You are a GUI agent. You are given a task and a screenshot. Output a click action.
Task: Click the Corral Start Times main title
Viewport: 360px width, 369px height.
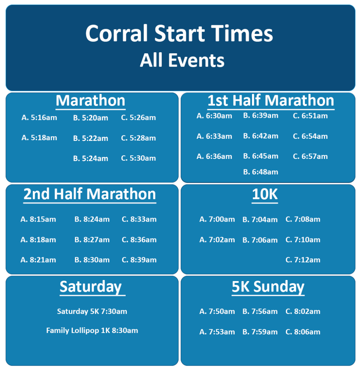(x=179, y=34)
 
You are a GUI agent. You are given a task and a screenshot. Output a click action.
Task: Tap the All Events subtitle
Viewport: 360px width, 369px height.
(x=182, y=60)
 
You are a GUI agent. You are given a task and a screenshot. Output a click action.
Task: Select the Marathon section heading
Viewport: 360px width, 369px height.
(x=90, y=101)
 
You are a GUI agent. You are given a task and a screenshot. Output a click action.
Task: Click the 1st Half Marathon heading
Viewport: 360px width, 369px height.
(x=271, y=101)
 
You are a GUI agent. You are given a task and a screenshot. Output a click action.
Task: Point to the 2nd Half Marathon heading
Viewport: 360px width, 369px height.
(x=90, y=194)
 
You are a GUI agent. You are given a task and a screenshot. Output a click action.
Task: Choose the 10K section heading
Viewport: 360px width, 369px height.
(x=265, y=194)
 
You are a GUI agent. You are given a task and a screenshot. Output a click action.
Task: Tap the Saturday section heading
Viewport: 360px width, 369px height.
(x=91, y=287)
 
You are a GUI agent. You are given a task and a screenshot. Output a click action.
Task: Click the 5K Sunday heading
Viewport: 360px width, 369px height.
(x=268, y=287)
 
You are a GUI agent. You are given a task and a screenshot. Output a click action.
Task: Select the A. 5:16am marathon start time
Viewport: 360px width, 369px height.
(x=39, y=117)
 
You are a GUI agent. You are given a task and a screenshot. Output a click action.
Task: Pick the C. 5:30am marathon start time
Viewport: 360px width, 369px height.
(x=139, y=158)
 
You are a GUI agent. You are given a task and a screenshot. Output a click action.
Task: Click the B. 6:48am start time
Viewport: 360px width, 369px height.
(x=261, y=172)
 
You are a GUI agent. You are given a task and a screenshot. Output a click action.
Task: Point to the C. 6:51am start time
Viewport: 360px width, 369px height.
(x=310, y=116)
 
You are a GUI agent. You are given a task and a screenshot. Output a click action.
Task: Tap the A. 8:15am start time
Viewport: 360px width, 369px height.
(x=38, y=219)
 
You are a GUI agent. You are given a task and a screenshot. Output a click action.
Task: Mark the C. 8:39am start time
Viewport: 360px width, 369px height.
(x=139, y=260)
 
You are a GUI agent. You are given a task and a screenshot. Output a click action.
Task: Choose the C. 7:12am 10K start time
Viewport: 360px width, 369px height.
(x=303, y=260)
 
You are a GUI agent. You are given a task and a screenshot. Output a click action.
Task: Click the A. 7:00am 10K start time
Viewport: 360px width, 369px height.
(x=217, y=219)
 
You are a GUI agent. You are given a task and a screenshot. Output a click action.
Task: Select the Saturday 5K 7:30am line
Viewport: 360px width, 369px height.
(x=92, y=311)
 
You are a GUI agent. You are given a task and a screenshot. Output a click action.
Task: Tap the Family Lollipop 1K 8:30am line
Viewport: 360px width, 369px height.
(x=92, y=330)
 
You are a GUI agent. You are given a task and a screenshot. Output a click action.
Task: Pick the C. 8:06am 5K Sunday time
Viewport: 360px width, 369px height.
(x=303, y=332)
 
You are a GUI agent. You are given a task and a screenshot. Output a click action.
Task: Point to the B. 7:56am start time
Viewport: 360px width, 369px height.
(x=260, y=311)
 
